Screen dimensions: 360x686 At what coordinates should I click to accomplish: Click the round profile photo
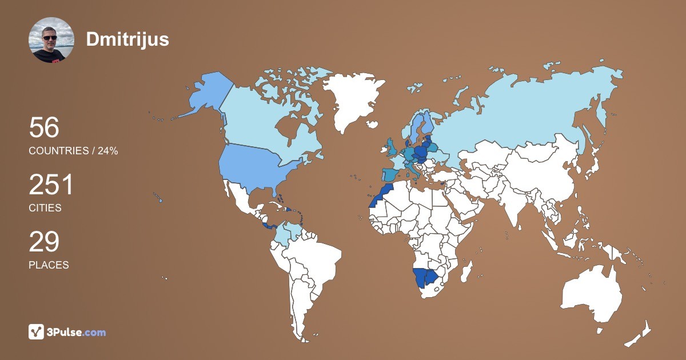click(51, 40)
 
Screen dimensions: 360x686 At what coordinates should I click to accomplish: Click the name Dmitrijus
click(127, 39)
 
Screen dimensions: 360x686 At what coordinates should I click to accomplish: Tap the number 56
click(44, 128)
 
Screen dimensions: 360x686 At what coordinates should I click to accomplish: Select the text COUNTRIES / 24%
click(73, 151)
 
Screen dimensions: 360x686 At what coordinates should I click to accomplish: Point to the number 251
click(51, 185)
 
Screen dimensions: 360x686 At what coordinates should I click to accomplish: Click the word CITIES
click(45, 208)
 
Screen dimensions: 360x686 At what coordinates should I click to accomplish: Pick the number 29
click(44, 242)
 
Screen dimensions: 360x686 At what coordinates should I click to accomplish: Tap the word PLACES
click(49, 265)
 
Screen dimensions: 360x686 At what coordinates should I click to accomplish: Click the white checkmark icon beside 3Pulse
click(37, 332)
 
